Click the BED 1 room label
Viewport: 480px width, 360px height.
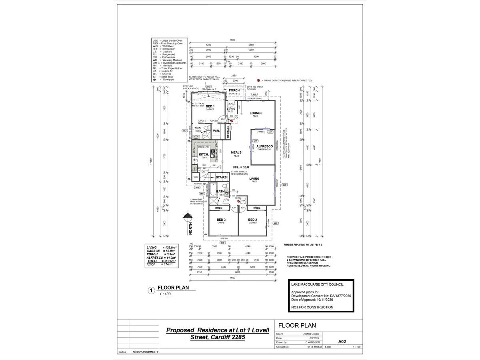tap(210, 106)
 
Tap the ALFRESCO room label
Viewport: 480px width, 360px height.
tap(264, 146)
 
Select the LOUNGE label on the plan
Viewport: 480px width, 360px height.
tap(256, 113)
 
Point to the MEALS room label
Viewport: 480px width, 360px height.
tap(236, 152)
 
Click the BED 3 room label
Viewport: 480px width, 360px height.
tap(221, 220)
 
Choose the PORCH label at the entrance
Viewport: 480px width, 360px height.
tap(234, 90)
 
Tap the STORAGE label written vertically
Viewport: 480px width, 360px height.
tap(228, 132)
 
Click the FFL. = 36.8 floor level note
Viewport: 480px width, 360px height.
tap(241, 167)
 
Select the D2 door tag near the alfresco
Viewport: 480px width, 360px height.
tap(255, 141)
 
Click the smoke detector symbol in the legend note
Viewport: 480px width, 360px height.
tap(259, 80)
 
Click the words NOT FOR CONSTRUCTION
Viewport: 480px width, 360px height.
tap(312, 307)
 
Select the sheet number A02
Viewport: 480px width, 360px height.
tap(342, 342)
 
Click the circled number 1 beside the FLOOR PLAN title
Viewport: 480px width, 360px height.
tap(151, 291)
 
